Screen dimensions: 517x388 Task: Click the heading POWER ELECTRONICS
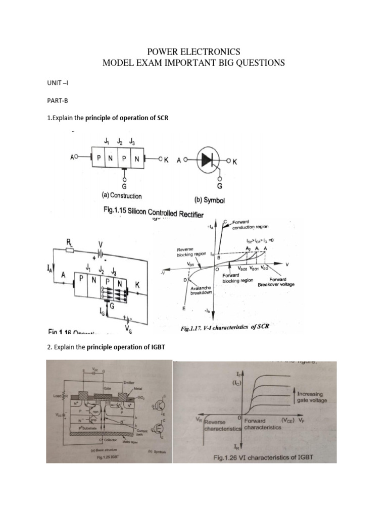click(x=194, y=51)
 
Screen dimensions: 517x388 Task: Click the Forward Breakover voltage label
click(x=276, y=282)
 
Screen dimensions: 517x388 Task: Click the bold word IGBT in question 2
click(x=152, y=348)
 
